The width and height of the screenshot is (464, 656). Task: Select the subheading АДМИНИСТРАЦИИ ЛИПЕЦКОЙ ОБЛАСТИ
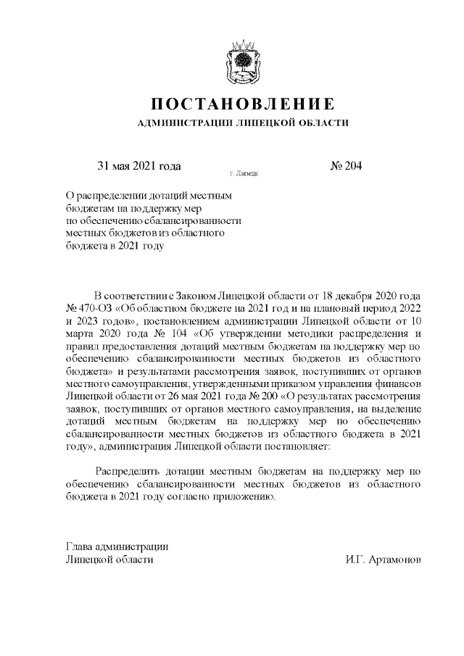click(243, 123)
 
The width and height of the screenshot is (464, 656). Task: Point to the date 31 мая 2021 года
click(138, 166)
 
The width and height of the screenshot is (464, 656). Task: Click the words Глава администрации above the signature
click(117, 547)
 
